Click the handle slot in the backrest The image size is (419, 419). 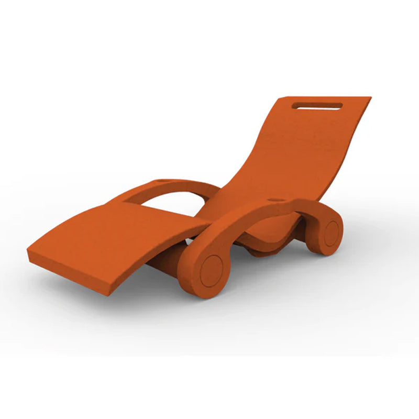tap(318, 106)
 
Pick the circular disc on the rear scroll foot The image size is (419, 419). tap(331, 233)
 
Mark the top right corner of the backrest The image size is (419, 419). tap(370, 97)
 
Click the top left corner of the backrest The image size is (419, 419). tap(281, 98)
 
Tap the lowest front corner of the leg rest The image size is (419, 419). tap(109, 295)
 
